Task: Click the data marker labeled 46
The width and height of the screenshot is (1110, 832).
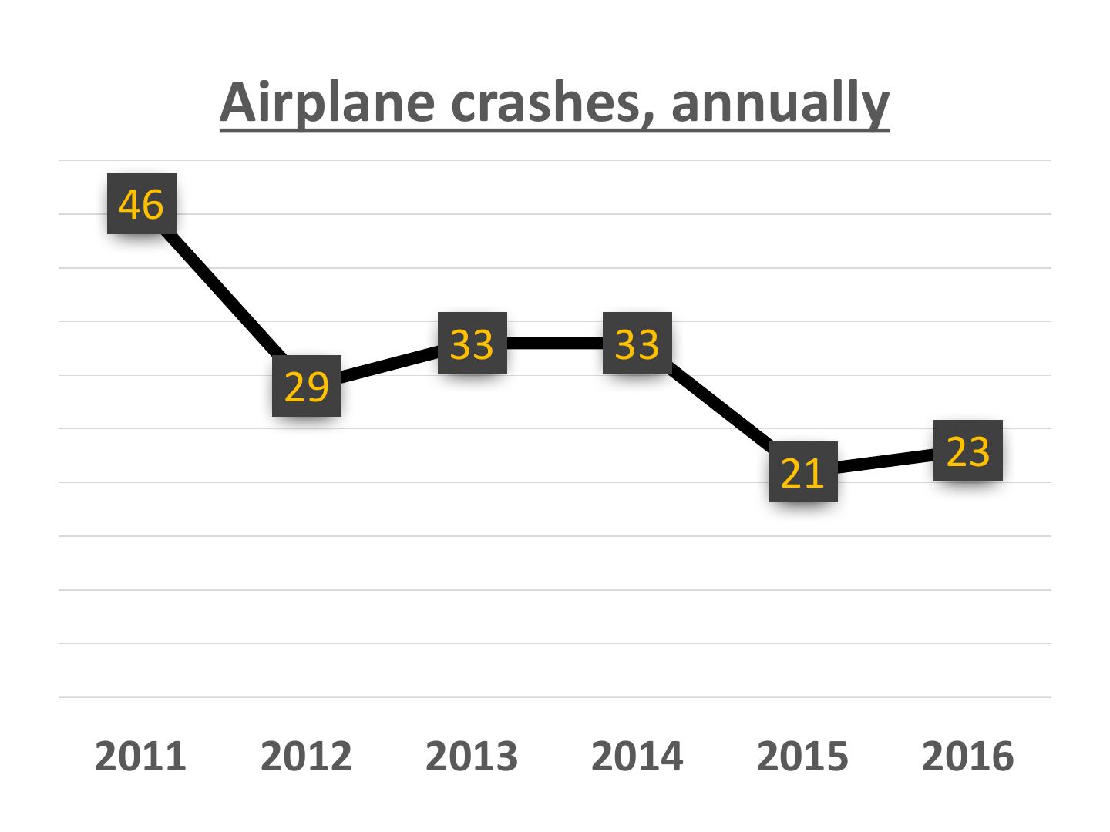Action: point(142,203)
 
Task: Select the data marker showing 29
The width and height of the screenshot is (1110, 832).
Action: point(307,386)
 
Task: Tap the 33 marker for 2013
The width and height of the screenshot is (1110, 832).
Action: point(473,343)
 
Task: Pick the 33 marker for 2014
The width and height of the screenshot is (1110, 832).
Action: point(637,343)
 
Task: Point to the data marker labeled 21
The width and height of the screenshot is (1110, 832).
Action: point(802,471)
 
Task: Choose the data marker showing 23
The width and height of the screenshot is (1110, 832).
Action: point(967,451)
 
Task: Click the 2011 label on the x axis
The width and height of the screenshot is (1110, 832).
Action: point(141,756)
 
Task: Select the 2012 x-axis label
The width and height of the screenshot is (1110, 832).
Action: point(306,756)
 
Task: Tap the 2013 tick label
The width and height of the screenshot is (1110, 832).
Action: point(472,756)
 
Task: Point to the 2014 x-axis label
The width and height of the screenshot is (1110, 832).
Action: point(637,756)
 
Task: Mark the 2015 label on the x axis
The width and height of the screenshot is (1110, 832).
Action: point(802,756)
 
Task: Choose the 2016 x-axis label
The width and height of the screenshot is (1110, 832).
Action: point(968,756)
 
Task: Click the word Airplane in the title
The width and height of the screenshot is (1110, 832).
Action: point(327,103)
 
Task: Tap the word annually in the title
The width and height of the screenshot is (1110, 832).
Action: point(780,105)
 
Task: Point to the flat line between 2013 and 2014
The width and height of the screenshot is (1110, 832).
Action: point(555,343)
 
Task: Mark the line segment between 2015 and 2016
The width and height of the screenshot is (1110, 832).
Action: point(885,461)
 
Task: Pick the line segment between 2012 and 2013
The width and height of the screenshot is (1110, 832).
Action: point(389,364)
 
